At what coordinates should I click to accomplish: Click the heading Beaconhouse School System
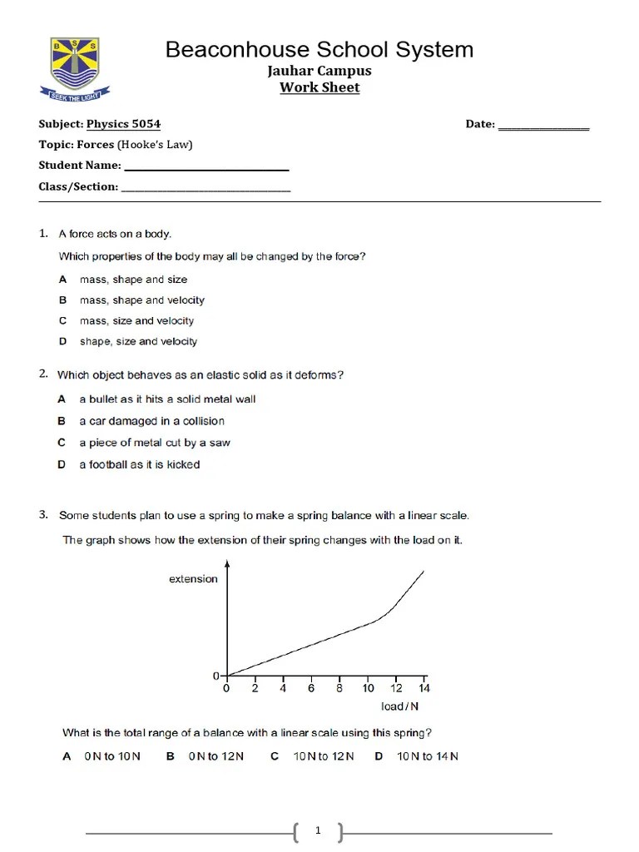click(319, 49)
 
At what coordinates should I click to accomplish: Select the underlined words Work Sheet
click(319, 87)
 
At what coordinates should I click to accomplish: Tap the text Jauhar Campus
click(319, 71)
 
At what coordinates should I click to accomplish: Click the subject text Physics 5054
click(124, 124)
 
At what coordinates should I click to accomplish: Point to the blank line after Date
click(543, 126)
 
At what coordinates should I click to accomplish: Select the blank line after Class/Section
click(206, 189)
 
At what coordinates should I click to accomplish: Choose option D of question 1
click(138, 341)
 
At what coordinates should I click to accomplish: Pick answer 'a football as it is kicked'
click(139, 464)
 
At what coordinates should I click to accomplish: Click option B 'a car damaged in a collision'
click(151, 421)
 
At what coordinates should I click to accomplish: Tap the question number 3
click(43, 515)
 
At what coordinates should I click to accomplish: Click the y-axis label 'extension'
click(193, 579)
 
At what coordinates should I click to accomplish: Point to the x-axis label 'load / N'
click(400, 706)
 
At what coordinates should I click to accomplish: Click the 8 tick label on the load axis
click(339, 689)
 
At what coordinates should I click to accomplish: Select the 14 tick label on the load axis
click(424, 689)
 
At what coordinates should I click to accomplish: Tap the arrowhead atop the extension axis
click(227, 565)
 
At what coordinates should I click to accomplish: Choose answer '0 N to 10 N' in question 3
click(111, 756)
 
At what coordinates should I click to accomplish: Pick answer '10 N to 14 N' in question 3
click(427, 756)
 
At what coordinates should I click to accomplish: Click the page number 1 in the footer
click(319, 831)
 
